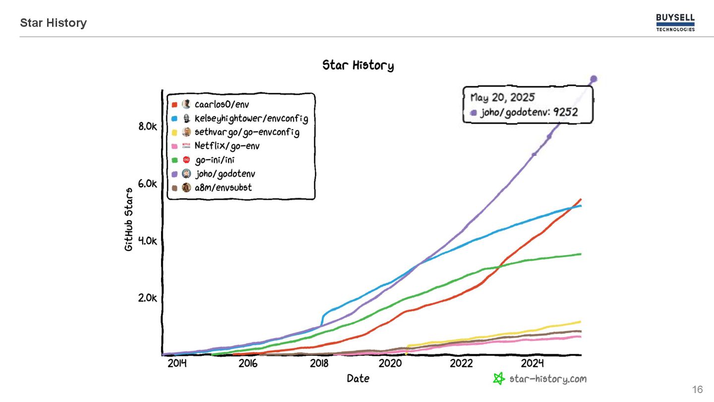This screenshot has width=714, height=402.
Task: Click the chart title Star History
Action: (358, 65)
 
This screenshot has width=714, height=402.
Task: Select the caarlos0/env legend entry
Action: (222, 104)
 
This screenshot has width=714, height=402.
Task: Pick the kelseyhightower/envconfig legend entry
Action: (251, 119)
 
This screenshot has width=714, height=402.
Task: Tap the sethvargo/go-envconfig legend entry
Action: (246, 133)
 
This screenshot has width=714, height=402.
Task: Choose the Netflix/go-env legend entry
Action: (227, 146)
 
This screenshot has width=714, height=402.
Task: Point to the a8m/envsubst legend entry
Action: (223, 188)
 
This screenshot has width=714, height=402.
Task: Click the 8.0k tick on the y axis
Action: (148, 127)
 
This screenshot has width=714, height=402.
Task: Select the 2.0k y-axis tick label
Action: (148, 298)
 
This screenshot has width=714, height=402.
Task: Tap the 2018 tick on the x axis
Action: (319, 363)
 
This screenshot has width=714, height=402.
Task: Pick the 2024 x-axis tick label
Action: (533, 363)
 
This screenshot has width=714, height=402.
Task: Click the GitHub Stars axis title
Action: (129, 219)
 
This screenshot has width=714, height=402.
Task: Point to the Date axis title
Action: (358, 378)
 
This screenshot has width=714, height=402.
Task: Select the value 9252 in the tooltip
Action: (566, 112)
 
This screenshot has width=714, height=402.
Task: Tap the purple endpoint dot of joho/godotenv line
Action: (594, 79)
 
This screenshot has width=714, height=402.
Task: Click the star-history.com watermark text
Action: (547, 379)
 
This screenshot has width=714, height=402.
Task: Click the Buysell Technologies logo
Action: (675, 23)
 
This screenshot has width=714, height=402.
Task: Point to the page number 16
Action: (697, 390)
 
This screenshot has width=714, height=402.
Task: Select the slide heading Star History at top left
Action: (54, 23)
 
